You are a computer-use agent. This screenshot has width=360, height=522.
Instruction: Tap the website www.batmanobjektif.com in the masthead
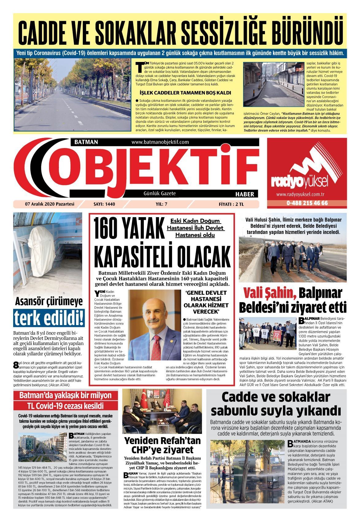coord(160,142)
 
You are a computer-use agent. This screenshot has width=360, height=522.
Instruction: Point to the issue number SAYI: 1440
coord(106,204)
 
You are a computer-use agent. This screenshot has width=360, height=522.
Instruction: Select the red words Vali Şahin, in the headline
coord(270,294)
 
